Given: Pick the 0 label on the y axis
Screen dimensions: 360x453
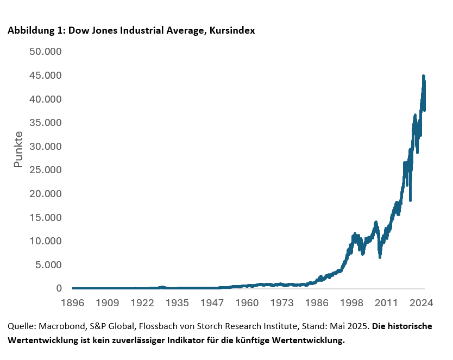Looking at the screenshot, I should [59, 288].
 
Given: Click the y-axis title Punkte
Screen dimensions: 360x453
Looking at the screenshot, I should [18, 149].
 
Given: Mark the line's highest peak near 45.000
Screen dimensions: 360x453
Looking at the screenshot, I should [423, 77].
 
